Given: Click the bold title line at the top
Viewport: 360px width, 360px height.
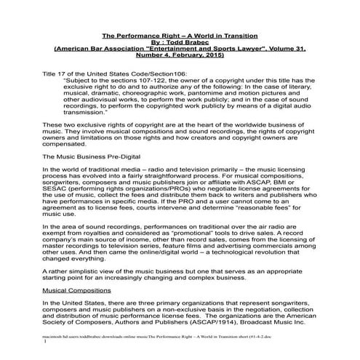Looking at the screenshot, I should (180, 33).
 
